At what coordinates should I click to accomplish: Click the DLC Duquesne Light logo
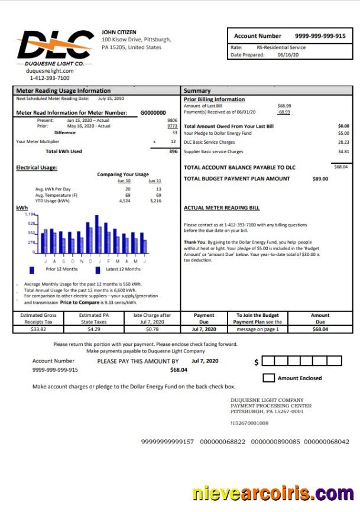[54, 47]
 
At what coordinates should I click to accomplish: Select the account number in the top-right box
[320, 36]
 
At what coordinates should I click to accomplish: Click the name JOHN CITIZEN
[119, 32]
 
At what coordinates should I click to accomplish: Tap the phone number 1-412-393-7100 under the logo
[50, 78]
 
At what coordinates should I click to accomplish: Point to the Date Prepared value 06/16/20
[288, 55]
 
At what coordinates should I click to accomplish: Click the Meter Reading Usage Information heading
[63, 91]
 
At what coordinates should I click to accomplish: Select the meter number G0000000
[153, 112]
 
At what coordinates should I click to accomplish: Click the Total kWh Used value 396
[173, 151]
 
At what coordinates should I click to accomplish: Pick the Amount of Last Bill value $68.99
[284, 106]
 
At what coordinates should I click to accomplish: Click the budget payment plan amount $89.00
[320, 179]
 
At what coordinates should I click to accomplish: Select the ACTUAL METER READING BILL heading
[222, 208]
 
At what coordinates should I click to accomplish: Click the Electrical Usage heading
[37, 168]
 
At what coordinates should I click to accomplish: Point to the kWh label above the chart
[21, 208]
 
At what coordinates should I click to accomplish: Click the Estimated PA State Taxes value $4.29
[93, 329]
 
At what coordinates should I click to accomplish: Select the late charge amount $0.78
[152, 329]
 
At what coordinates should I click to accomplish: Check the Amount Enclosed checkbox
[268, 378]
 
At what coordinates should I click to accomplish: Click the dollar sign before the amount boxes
[256, 362]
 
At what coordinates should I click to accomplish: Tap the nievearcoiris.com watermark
[273, 493]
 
